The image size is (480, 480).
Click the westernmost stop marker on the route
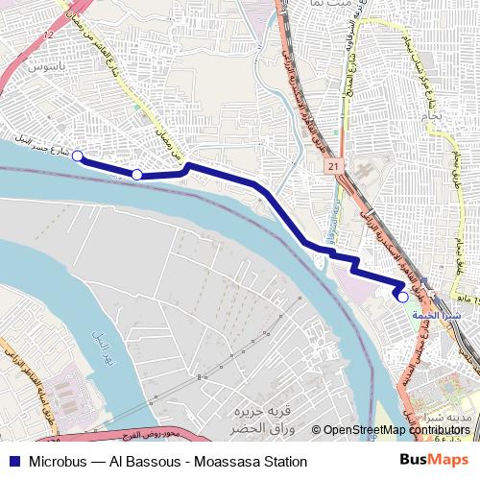coord(77,157)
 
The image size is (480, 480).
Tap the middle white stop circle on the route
coord(137,174)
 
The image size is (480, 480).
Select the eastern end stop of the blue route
coord(403,297)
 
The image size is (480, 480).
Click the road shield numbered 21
coord(334,167)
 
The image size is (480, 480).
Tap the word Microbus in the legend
coord(60,462)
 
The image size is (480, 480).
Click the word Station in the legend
coord(284,462)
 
